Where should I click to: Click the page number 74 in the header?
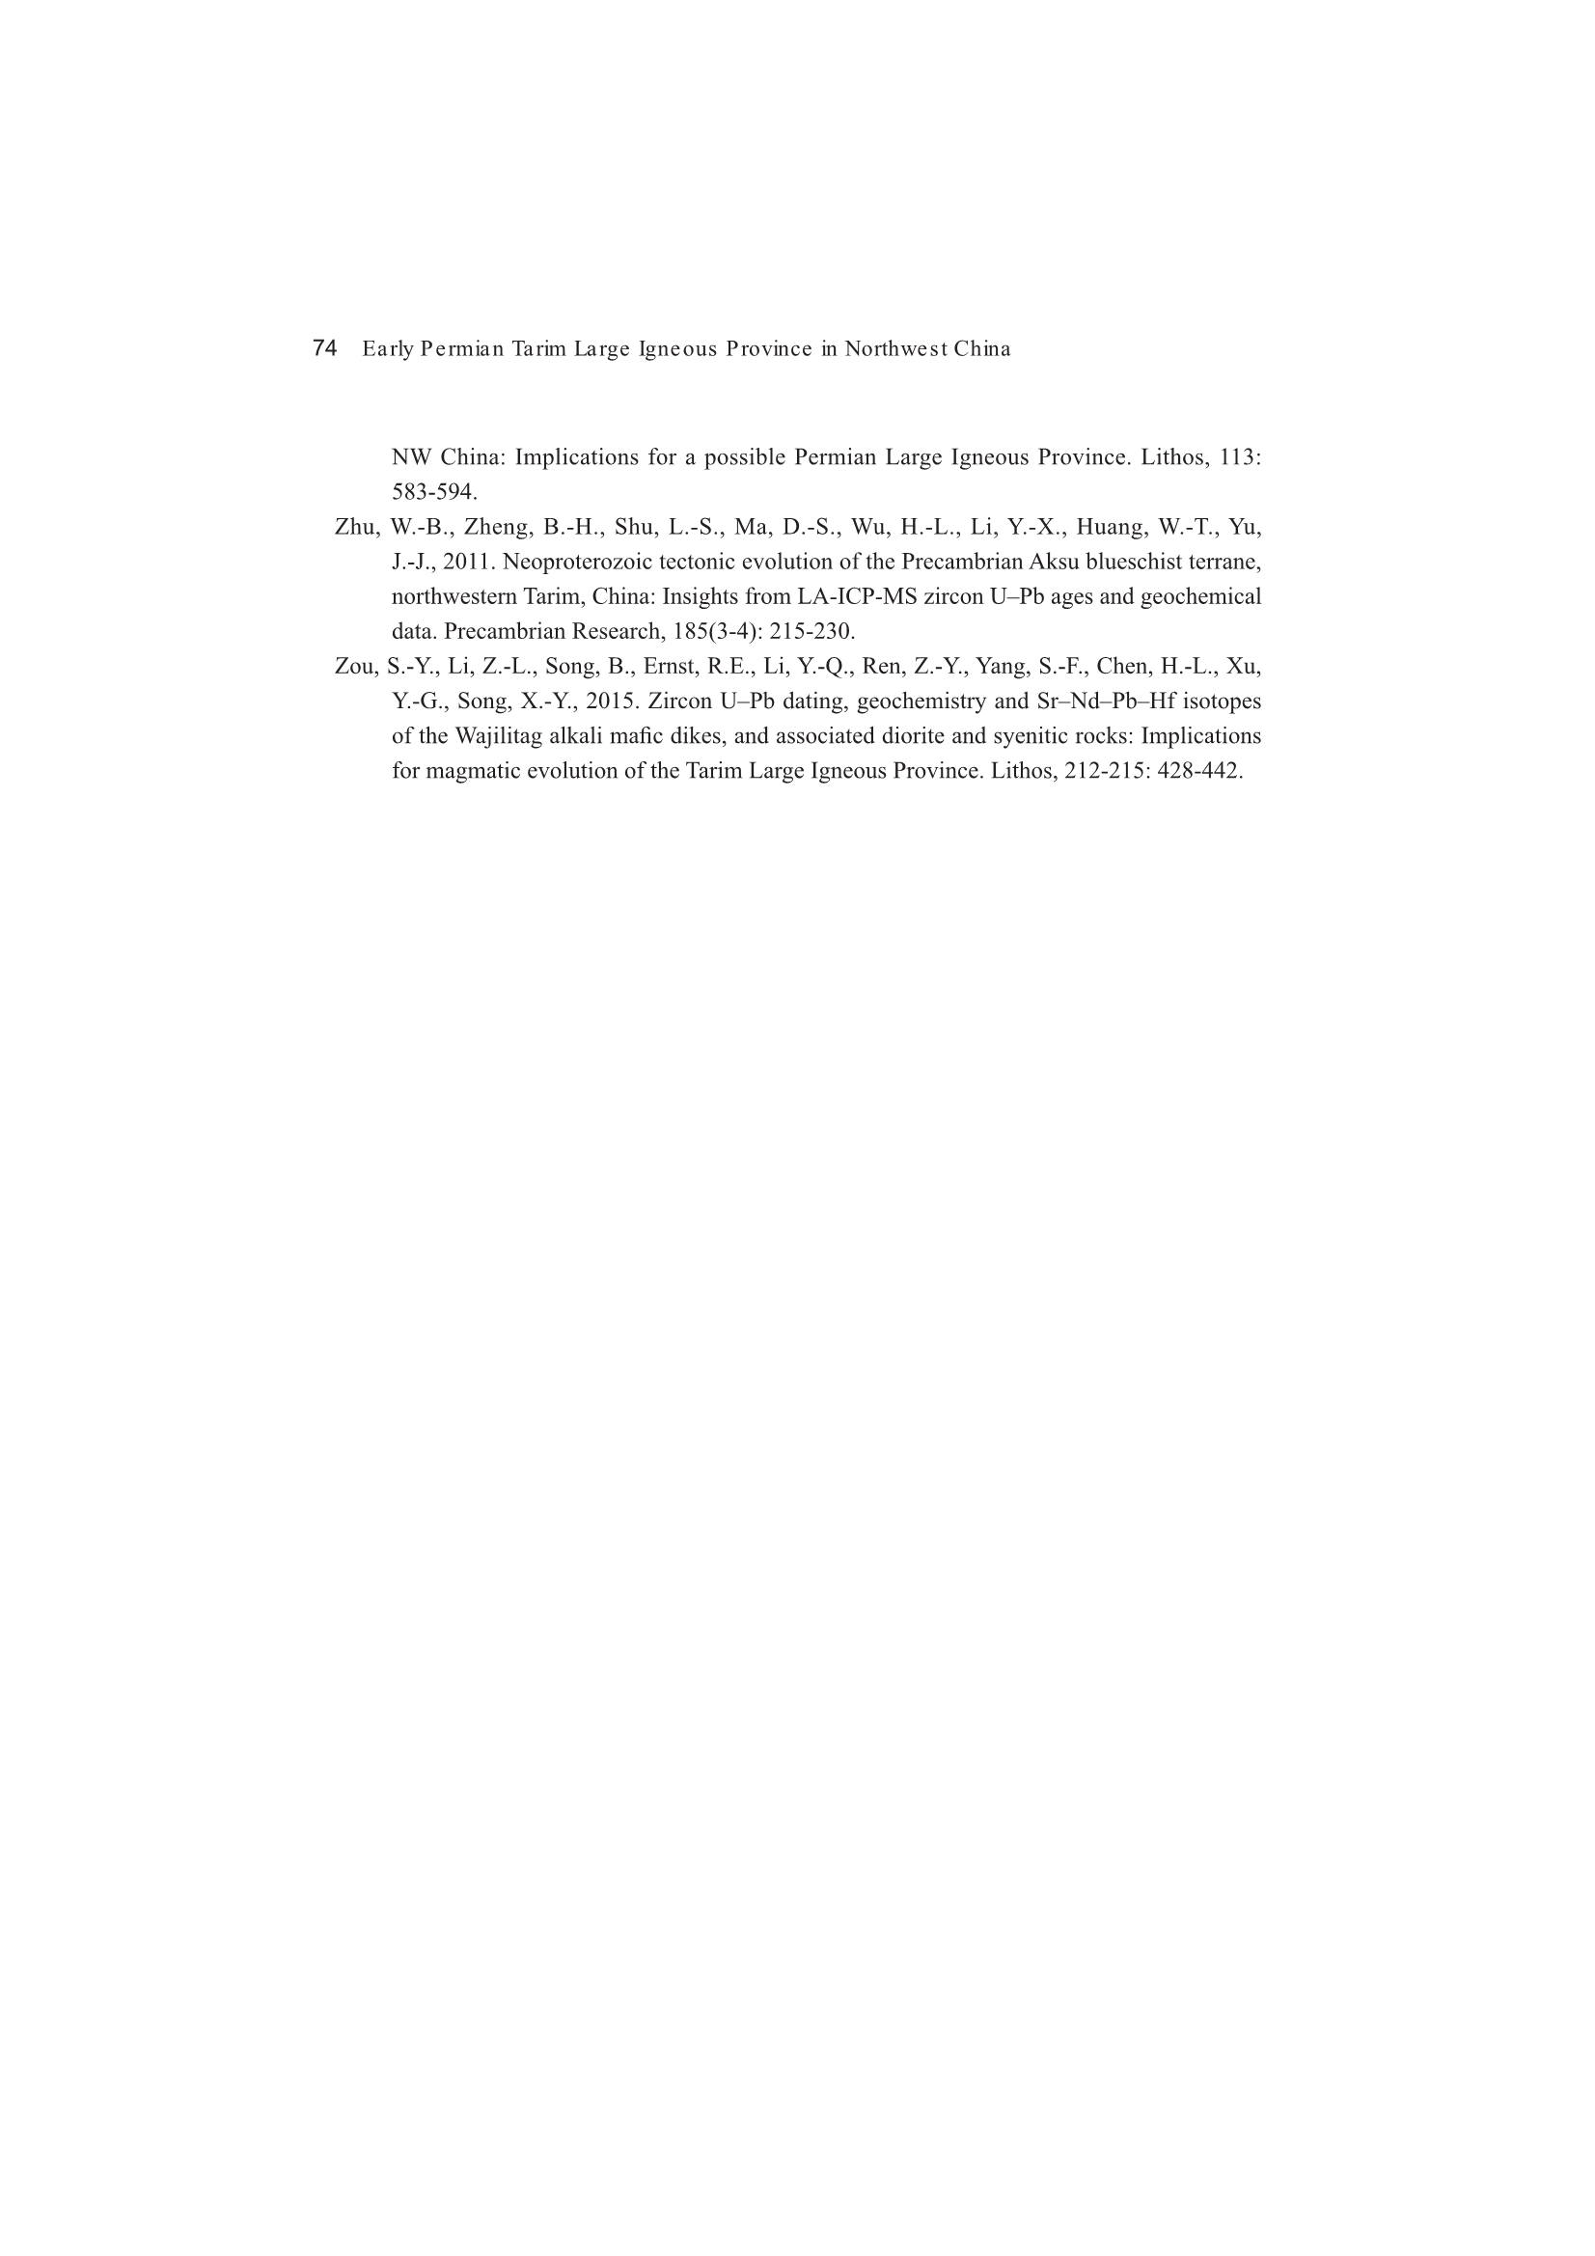(x=324, y=348)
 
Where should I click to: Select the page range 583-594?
(x=433, y=492)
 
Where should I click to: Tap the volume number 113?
(x=1237, y=458)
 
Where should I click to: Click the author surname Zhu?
(x=356, y=528)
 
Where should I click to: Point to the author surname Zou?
(x=356, y=667)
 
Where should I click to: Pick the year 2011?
(x=469, y=562)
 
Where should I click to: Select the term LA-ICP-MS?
(x=857, y=597)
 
